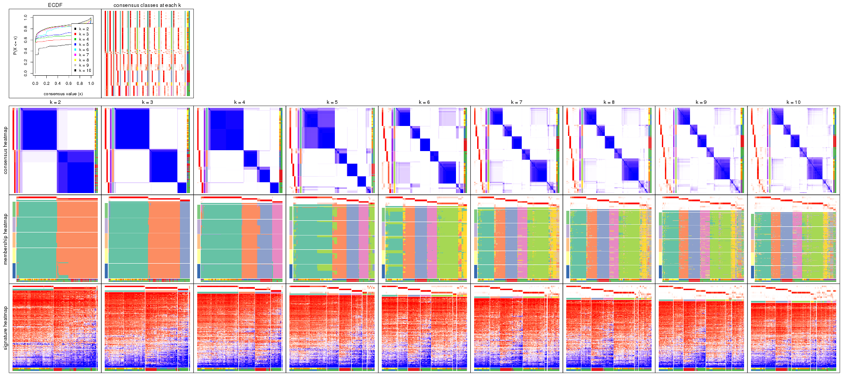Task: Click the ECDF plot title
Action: tap(55, 5)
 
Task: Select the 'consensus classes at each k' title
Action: tap(147, 5)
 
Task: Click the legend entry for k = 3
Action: tap(83, 34)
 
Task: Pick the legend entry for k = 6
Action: tap(83, 50)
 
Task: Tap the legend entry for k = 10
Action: tap(84, 71)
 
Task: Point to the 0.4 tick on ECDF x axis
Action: tap(58, 84)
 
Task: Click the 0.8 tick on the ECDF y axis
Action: tap(26, 29)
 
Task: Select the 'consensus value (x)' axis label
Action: tap(63, 93)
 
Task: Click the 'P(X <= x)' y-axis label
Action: tap(15, 45)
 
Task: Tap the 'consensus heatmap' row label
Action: tap(6, 150)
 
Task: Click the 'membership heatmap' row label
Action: tap(6, 239)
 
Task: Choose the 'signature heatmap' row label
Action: tap(6, 328)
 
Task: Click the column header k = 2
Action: tap(55, 102)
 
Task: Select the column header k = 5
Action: tap(332, 102)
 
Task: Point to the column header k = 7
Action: tap(517, 102)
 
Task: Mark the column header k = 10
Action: tap(793, 102)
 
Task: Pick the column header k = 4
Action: tap(240, 102)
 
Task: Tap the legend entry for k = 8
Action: tap(83, 60)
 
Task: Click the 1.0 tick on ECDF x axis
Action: tap(91, 84)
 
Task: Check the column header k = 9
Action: tap(701, 102)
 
